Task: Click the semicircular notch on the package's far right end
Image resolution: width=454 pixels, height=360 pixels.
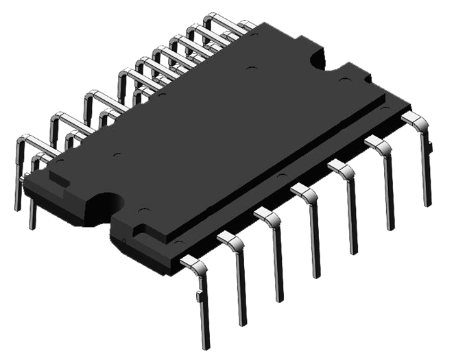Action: [x=317, y=58]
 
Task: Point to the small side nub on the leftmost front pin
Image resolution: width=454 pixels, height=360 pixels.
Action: [x=198, y=296]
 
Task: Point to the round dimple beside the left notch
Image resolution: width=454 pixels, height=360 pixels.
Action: [x=141, y=208]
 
